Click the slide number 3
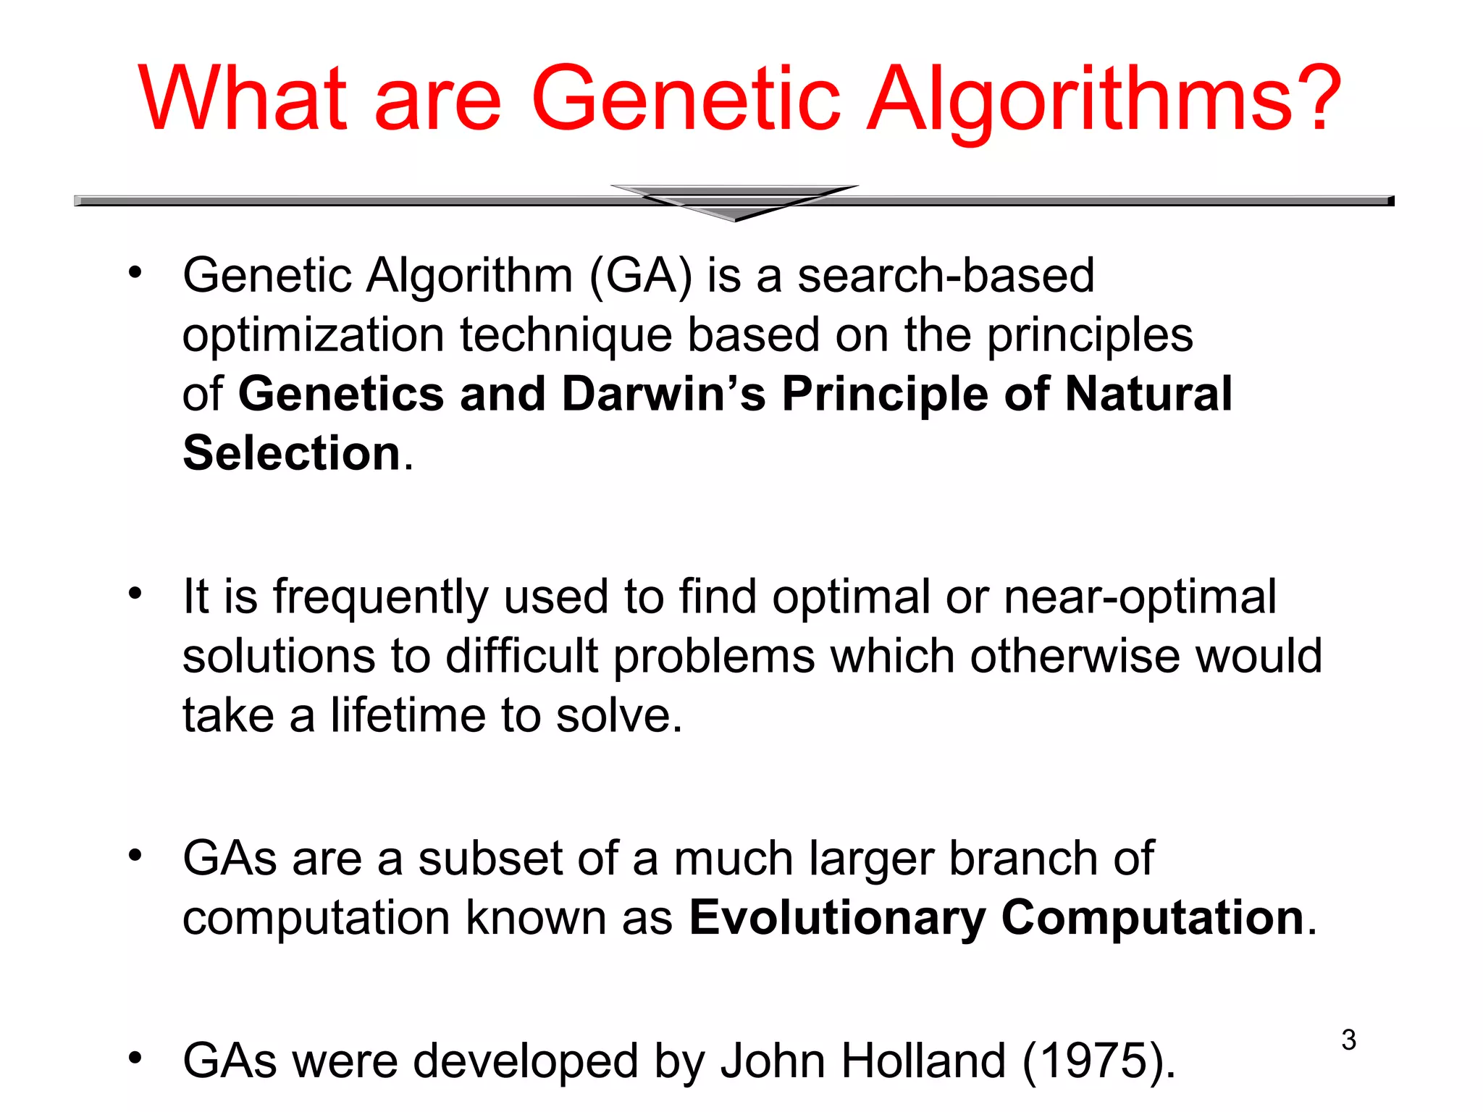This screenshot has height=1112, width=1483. click(1348, 1040)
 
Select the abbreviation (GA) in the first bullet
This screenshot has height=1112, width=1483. click(642, 276)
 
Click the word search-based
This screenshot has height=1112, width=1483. click(946, 276)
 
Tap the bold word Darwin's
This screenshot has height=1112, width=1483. click(663, 394)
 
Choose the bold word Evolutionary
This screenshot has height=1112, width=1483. click(837, 918)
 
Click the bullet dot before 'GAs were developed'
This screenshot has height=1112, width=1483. click(135, 1058)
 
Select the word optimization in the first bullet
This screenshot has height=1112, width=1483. click(313, 335)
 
